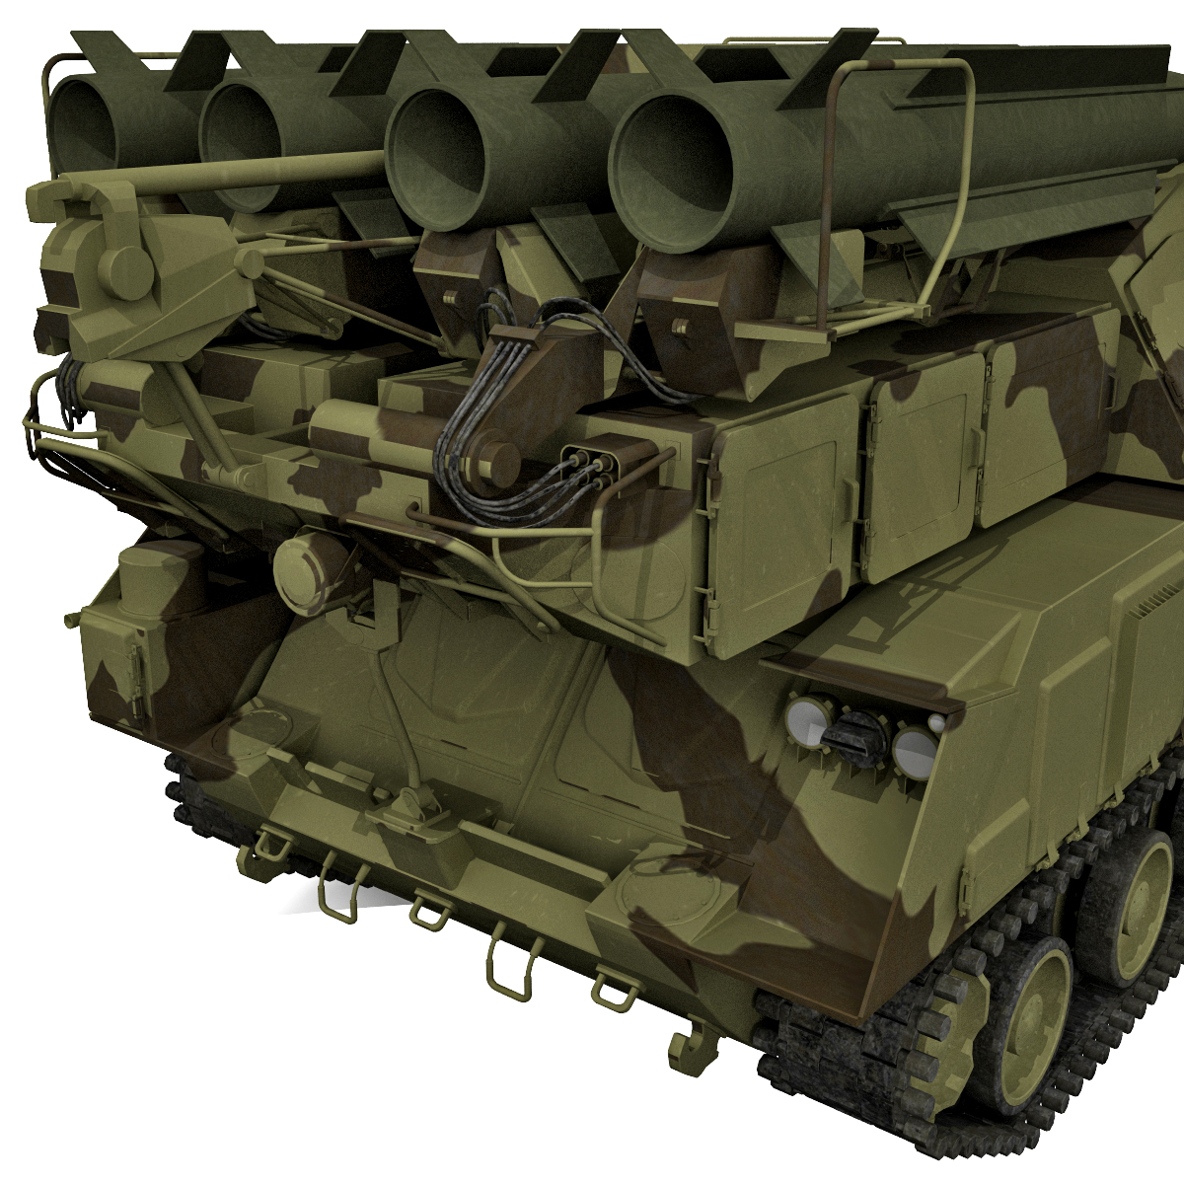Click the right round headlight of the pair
(915, 747)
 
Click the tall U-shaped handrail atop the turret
(903, 178)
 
